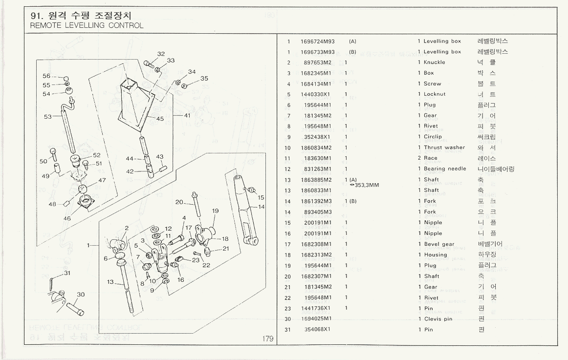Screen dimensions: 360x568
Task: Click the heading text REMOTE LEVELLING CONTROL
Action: pyautogui.click(x=87, y=25)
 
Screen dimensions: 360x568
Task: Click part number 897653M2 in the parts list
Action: pyautogui.click(x=318, y=63)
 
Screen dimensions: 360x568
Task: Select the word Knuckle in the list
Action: pyautogui.click(x=435, y=63)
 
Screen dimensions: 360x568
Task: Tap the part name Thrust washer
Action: pyautogui.click(x=444, y=148)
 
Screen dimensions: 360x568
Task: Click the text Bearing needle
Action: pyautogui.click(x=445, y=169)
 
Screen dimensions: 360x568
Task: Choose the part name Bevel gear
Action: pyautogui.click(x=439, y=244)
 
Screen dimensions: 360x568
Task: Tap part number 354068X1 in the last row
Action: pyautogui.click(x=317, y=330)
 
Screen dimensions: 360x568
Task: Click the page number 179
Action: pyautogui.click(x=267, y=339)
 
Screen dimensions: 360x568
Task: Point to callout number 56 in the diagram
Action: pyautogui.click(x=46, y=76)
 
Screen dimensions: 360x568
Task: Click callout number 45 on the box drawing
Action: pyautogui.click(x=160, y=119)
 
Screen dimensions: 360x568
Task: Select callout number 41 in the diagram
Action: pyautogui.click(x=187, y=116)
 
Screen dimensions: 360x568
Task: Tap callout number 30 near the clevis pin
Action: pyautogui.click(x=81, y=295)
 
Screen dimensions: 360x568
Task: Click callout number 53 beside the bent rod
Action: pyautogui.click(x=47, y=117)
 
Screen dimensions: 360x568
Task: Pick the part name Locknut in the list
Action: pyautogui.click(x=435, y=94)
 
